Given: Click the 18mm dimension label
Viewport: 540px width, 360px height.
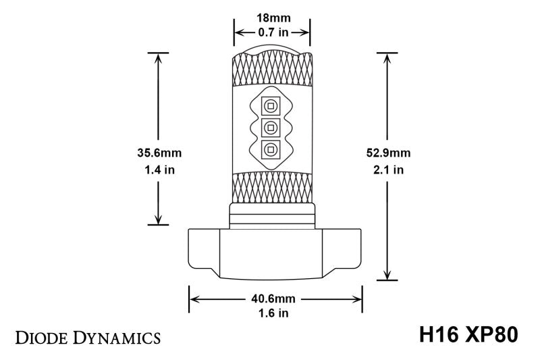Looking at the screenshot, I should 272,18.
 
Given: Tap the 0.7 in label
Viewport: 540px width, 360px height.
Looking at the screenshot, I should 272,31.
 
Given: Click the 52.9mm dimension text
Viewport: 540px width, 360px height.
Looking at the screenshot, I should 387,153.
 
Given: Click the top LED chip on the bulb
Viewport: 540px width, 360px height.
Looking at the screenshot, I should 272,105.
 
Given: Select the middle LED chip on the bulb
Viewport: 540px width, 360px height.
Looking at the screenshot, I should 272,127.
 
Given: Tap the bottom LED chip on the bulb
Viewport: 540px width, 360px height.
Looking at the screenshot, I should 272,149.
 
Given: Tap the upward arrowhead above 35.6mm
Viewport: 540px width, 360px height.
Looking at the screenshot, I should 158,57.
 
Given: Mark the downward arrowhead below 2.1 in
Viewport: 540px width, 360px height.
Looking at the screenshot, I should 387,274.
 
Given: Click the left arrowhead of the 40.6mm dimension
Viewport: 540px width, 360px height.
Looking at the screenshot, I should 194,298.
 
